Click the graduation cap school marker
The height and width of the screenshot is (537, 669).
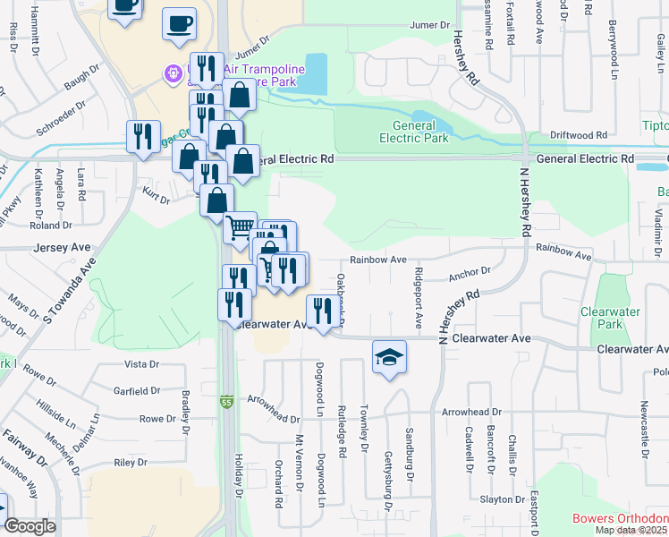[x=389, y=357]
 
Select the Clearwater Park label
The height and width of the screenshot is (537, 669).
[x=610, y=318]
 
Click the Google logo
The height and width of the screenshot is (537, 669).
[x=30, y=526]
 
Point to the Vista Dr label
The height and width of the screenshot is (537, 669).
[x=140, y=364]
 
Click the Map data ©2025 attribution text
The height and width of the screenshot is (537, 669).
[x=631, y=531]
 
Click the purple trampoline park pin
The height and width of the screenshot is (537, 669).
[x=172, y=72]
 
